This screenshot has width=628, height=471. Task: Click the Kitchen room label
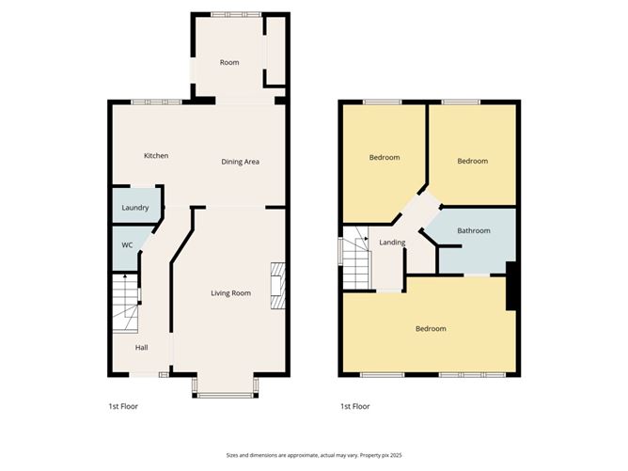point(156,155)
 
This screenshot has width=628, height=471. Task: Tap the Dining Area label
point(240,162)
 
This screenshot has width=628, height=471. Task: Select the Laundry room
point(135,207)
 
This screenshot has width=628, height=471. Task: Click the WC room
point(127,245)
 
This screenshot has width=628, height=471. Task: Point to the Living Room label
point(230,293)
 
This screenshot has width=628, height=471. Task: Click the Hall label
point(141,347)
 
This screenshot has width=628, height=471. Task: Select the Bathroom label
point(474,230)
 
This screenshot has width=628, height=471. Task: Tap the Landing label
point(392,243)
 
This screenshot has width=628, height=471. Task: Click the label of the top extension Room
point(229,63)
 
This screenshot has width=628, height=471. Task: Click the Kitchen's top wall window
point(156,102)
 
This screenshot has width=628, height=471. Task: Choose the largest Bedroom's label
point(431,328)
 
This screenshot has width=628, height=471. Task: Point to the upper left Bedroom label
point(385,157)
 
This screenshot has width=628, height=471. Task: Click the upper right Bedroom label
point(473,161)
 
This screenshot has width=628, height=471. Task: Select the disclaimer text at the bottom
point(313,454)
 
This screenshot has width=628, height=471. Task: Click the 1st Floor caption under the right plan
point(355,407)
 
